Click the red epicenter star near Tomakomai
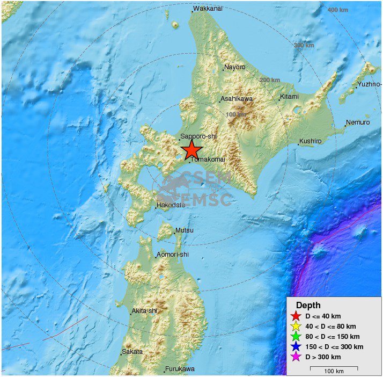191,150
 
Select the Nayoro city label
235,67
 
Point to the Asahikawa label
237,99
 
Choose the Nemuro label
358,122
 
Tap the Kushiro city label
311,141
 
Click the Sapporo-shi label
198,136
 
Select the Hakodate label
171,205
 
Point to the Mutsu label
185,231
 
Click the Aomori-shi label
173,255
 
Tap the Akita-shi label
145,311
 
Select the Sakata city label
132,352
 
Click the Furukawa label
180,369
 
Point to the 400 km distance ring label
338,10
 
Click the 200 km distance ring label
270,80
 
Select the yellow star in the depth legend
294,327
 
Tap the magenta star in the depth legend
294,357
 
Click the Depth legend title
308,305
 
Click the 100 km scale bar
334,368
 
